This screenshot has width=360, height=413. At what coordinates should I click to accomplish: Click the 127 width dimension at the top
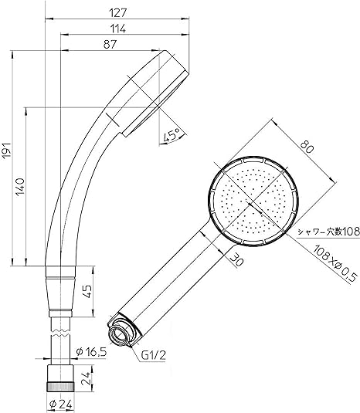[118, 12]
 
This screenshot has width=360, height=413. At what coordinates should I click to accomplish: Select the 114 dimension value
[117, 29]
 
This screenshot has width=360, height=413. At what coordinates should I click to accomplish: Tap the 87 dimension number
[110, 44]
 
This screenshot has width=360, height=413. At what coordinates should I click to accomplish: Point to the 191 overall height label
[7, 151]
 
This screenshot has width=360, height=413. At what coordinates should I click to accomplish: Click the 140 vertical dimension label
[20, 187]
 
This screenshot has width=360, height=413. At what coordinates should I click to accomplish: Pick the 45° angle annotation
[172, 135]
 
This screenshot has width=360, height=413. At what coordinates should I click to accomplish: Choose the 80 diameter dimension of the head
[307, 147]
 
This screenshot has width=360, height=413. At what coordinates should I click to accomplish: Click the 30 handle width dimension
[236, 259]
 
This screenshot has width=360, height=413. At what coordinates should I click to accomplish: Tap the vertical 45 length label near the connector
[88, 291]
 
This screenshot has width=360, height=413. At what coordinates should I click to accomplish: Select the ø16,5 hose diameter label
[91, 352]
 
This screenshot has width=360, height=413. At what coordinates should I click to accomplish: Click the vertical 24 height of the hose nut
[87, 378]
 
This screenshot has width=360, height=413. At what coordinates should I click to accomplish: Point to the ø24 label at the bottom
[61, 405]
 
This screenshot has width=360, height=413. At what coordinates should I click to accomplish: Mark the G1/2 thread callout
[154, 355]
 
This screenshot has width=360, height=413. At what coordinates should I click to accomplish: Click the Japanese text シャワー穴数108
[328, 232]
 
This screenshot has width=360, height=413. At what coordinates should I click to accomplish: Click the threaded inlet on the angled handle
[120, 333]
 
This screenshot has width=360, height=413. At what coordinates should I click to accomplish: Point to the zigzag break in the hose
[60, 333]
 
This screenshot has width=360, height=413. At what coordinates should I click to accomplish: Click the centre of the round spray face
[253, 201]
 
